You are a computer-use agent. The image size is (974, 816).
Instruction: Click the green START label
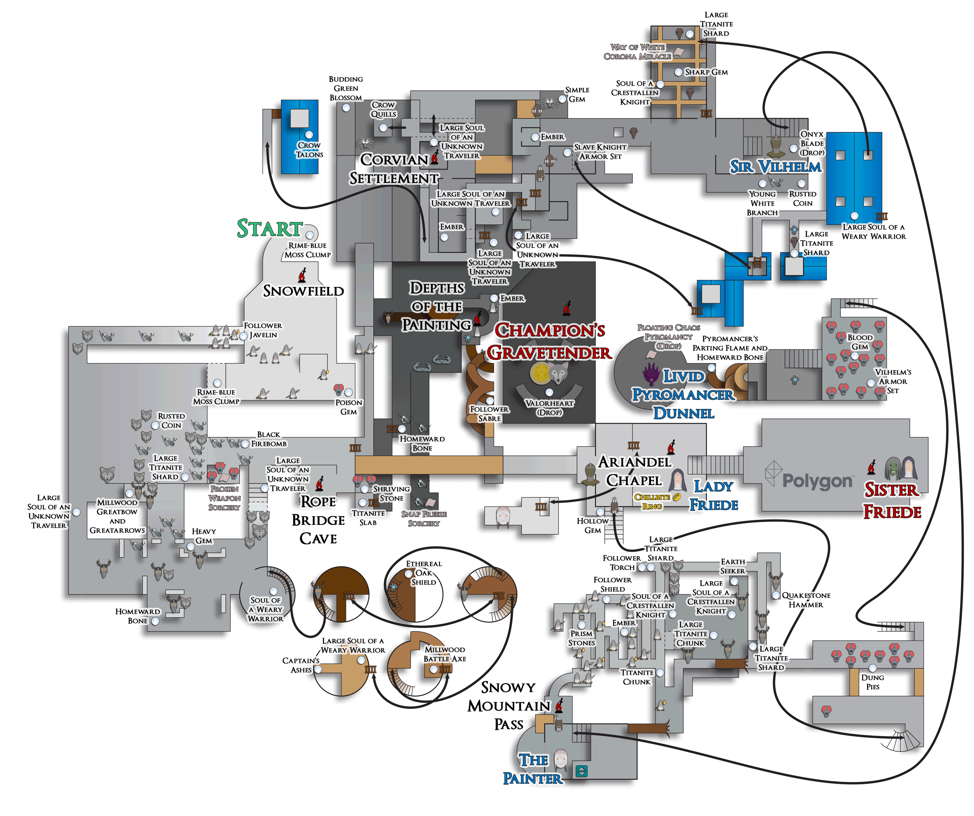269,228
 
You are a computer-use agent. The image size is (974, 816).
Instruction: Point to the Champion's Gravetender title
549,341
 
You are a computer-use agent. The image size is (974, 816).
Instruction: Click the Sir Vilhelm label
775,166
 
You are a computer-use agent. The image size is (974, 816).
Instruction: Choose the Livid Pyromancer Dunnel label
683,394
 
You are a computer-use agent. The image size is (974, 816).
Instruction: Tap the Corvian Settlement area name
394,169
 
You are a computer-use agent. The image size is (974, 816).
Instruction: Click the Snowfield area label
303,291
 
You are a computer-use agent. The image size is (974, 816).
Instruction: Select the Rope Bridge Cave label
318,520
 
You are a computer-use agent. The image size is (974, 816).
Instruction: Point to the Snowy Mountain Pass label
509,705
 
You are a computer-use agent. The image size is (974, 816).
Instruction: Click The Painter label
533,769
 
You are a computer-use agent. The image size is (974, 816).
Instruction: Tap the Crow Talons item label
309,150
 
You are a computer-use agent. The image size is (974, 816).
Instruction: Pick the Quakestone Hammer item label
806,600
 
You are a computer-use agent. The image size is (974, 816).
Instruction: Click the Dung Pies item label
873,682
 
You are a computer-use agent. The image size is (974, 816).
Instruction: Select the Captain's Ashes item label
301,665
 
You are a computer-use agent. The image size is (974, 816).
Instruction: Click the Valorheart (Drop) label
549,407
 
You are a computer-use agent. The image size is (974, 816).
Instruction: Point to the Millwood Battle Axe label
445,654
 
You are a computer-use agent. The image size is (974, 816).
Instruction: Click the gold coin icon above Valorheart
540,372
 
